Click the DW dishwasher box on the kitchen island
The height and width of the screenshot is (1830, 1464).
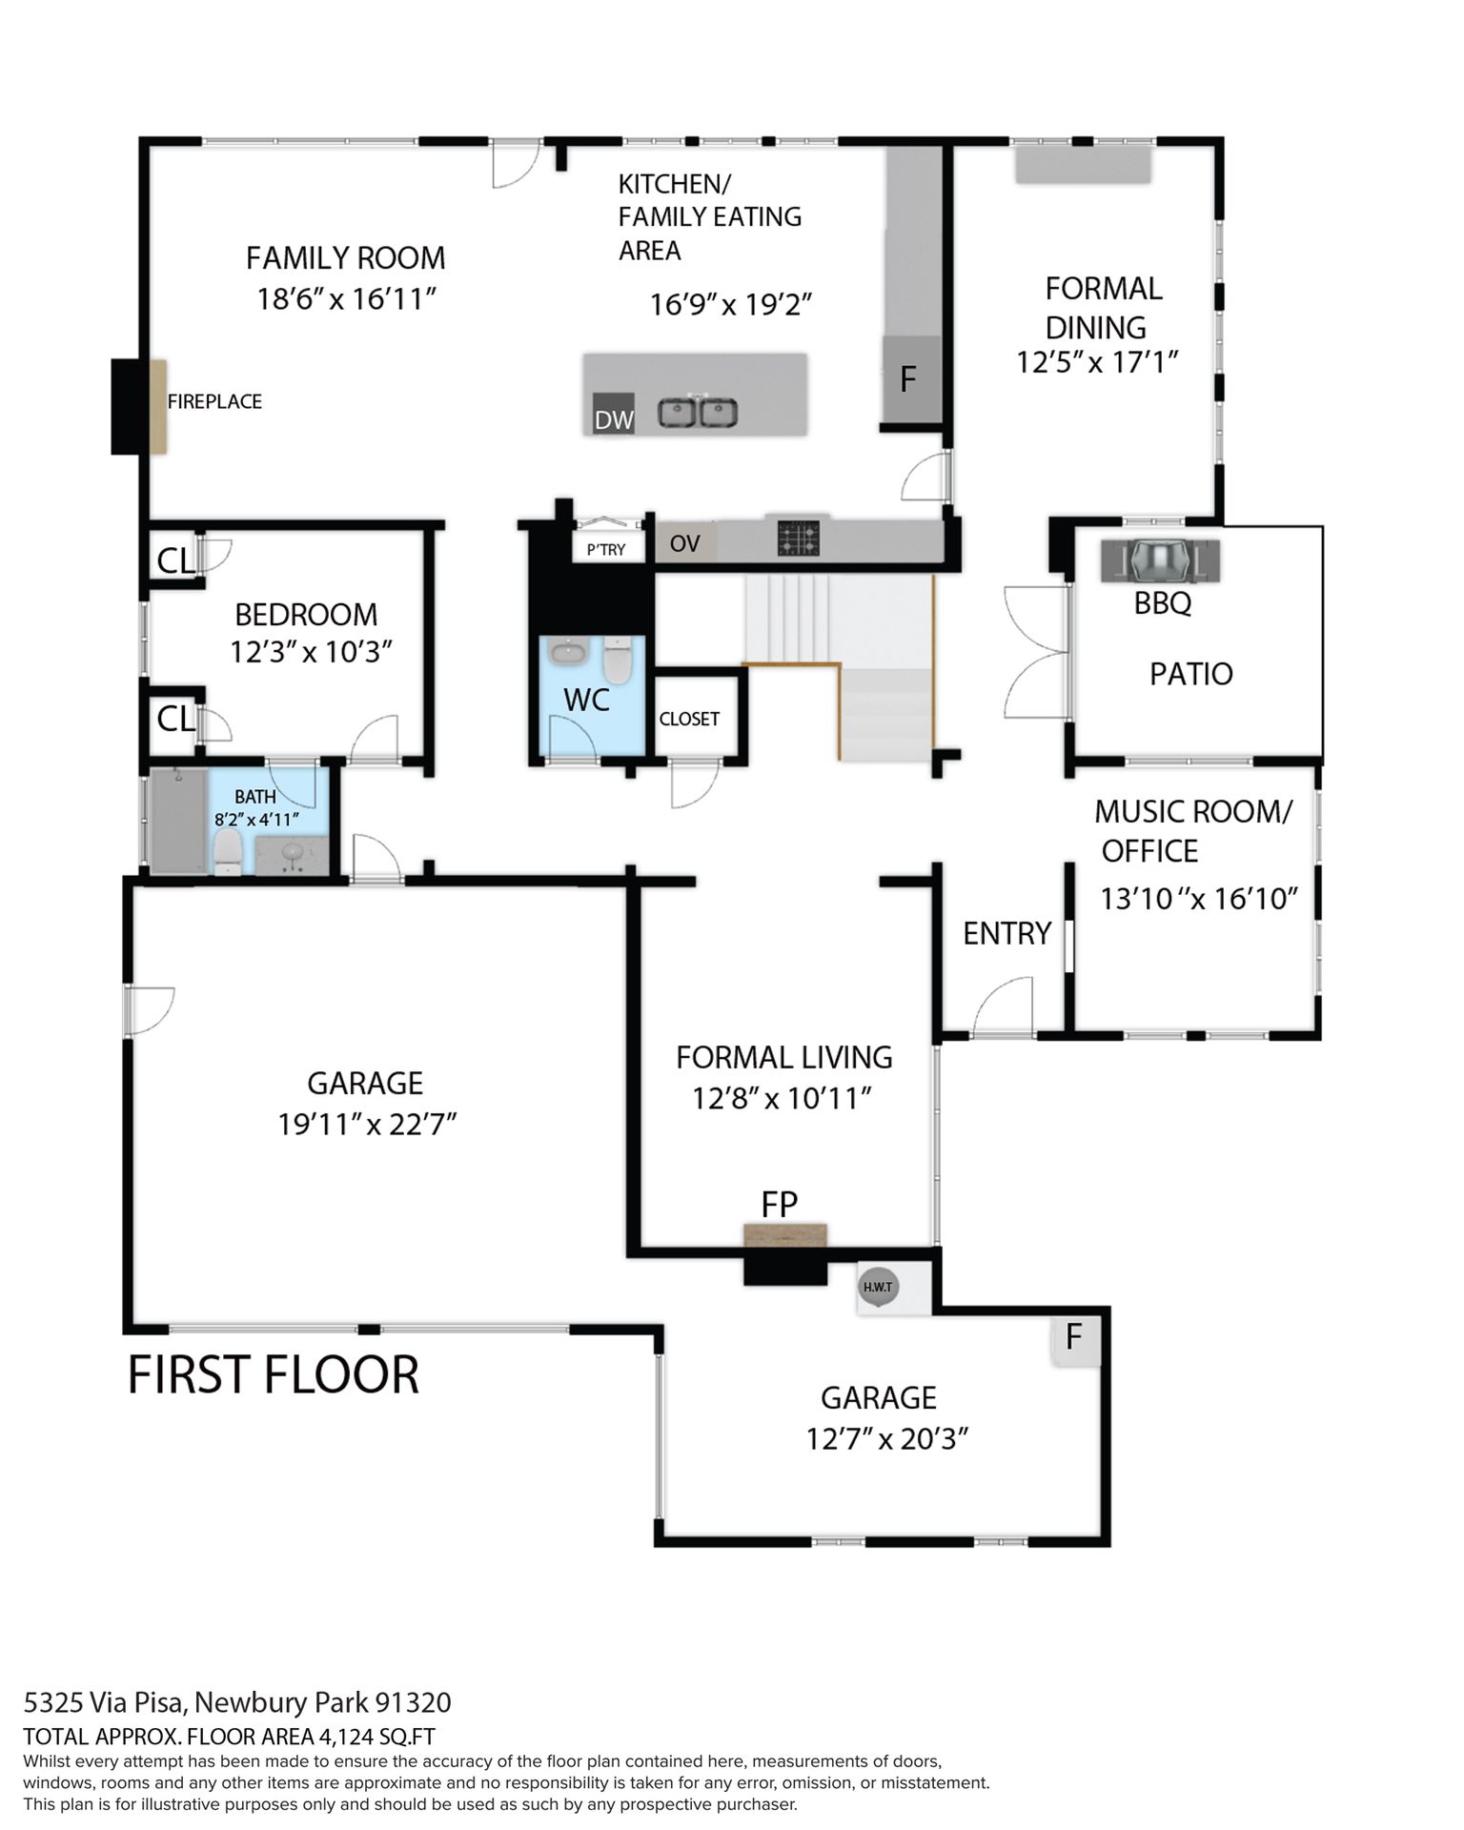click(613, 414)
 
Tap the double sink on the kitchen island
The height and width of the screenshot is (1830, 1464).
click(698, 414)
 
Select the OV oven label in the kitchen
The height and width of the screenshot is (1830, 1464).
click(684, 543)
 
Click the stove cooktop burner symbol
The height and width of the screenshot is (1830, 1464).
click(798, 538)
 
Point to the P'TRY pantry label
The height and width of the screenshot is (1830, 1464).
click(606, 550)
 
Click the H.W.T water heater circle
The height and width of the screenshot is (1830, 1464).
click(878, 1287)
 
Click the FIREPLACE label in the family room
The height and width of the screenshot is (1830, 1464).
click(214, 401)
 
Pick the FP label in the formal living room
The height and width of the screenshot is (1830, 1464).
click(779, 1205)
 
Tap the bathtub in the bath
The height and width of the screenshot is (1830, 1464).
click(178, 821)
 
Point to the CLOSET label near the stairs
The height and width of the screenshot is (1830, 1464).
click(689, 719)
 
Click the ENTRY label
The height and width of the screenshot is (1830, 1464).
click(1006, 933)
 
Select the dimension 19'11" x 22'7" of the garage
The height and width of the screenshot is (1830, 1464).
click(367, 1125)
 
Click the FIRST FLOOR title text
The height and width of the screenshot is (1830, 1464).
click(274, 1374)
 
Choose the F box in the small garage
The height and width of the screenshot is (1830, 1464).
click(1075, 1338)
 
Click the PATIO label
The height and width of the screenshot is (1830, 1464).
click(1191, 674)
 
